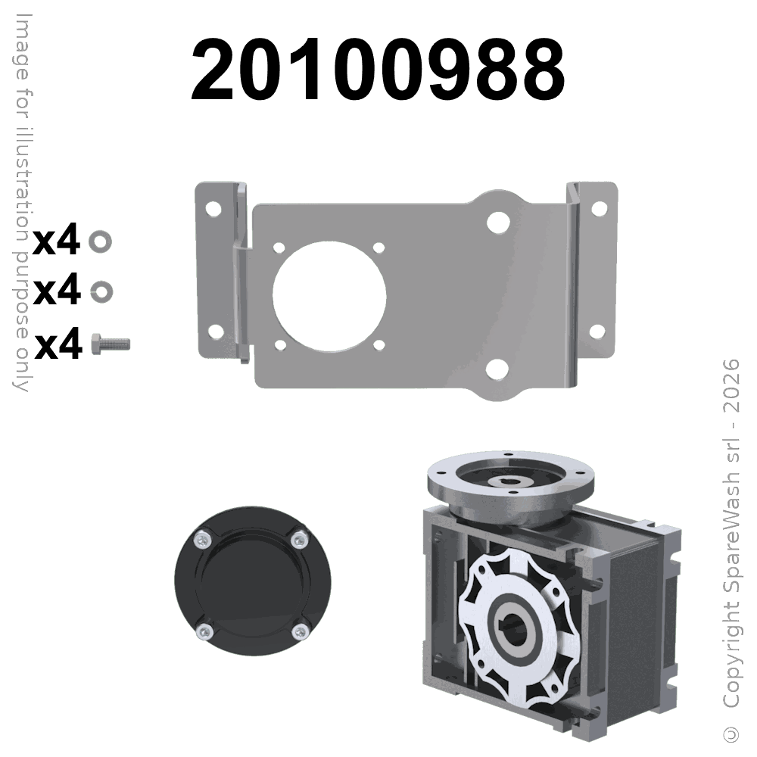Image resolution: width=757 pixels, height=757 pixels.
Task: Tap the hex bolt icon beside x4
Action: coord(111,344)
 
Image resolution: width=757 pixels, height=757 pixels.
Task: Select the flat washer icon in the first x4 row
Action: coord(101,241)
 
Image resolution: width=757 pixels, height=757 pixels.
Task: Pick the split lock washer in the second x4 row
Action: coord(102,291)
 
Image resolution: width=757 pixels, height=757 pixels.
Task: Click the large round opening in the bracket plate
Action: coord(329,296)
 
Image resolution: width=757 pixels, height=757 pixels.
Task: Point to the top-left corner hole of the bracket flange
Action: coord(213,209)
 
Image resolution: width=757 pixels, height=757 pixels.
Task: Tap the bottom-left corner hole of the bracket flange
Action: coord(215,332)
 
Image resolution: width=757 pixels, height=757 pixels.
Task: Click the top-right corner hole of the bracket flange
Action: coord(599,209)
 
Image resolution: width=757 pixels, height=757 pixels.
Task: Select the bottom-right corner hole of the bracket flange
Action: coord(597,332)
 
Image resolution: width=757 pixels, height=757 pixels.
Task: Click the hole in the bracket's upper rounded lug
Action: coord(499,222)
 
